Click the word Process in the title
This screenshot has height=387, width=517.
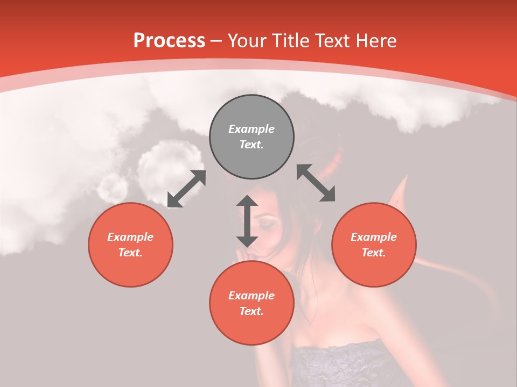point(169,41)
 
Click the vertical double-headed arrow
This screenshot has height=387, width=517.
point(247,221)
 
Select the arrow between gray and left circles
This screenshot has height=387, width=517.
point(186,189)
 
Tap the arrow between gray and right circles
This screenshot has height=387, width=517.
point(316,183)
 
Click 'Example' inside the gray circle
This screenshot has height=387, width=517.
point(251,129)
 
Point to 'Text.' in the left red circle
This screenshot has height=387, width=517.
point(130,253)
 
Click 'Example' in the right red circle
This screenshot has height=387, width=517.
point(374,237)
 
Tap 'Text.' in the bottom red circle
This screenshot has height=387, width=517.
point(251,311)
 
